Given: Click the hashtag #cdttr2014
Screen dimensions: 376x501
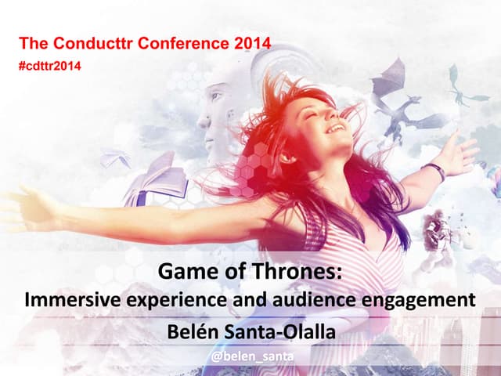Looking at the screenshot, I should pos(49,65).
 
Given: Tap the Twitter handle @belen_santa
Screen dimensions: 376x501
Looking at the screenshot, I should pos(250,358).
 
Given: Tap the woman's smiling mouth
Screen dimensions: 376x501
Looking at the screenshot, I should pos(334,128).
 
